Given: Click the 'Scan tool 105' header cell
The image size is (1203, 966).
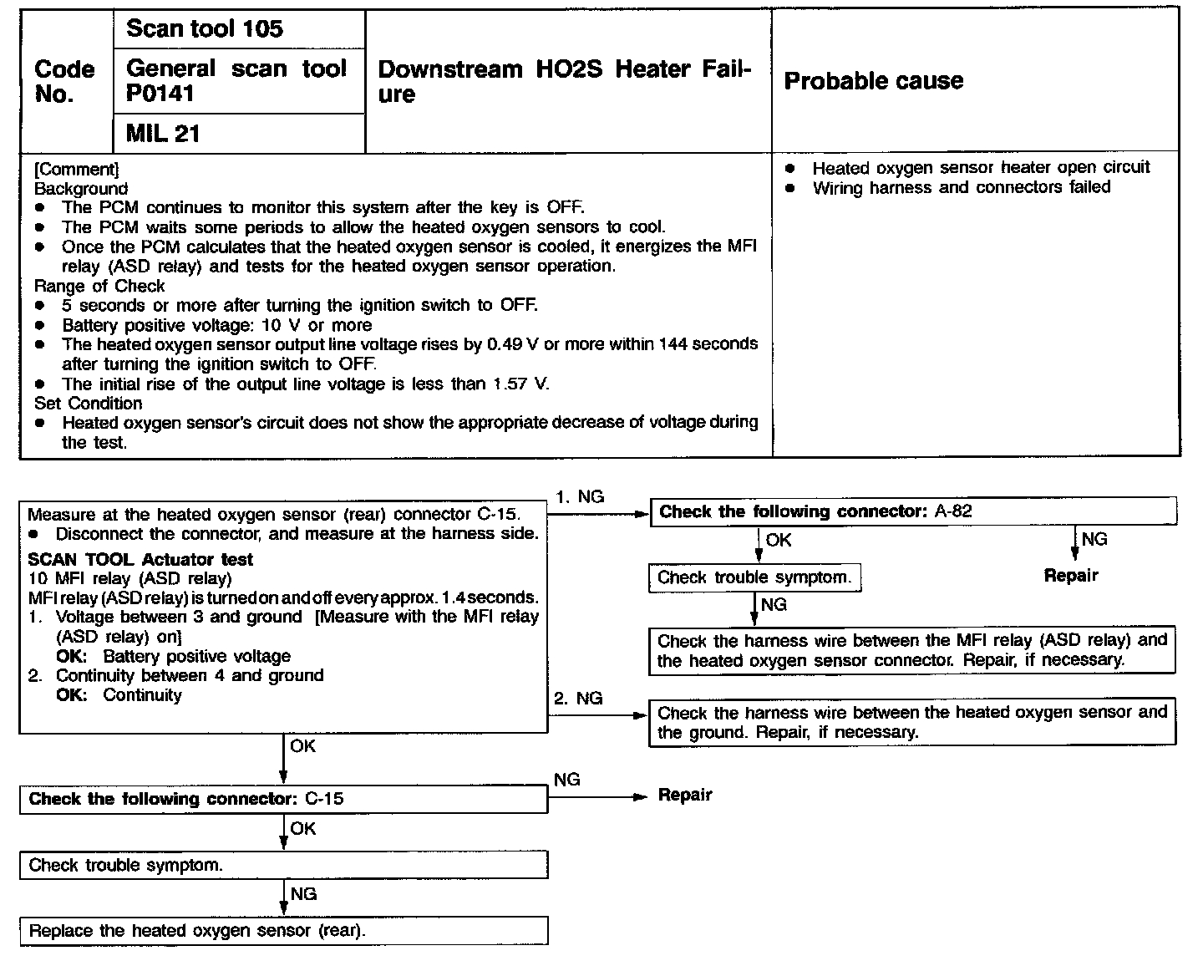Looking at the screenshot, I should [205, 29].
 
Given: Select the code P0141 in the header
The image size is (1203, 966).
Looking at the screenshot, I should [160, 94].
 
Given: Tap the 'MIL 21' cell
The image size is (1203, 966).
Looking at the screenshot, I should [163, 134].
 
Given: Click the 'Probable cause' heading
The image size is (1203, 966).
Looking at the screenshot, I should [873, 81].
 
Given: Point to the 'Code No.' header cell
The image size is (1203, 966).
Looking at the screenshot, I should [65, 81].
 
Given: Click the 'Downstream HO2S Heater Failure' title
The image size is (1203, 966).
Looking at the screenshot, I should [565, 81].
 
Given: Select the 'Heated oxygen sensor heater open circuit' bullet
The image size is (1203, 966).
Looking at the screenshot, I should [980, 167].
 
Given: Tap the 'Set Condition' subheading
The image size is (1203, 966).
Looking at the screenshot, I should [88, 404].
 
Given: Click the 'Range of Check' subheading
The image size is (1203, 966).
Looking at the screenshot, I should [99, 286].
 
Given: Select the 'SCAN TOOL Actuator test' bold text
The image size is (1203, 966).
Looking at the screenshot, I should [140, 560].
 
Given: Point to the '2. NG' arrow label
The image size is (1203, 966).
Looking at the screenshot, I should [577, 699].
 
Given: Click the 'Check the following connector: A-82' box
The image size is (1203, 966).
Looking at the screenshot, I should [912, 511].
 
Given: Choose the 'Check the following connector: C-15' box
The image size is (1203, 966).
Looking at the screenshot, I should [283, 799].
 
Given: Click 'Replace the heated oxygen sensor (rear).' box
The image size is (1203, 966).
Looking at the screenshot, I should [283, 931].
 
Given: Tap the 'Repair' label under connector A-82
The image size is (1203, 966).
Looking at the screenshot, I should [1071, 576].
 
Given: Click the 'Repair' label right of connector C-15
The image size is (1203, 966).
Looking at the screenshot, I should [685, 795].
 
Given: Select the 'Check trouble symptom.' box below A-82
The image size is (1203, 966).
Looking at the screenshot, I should [754, 577].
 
